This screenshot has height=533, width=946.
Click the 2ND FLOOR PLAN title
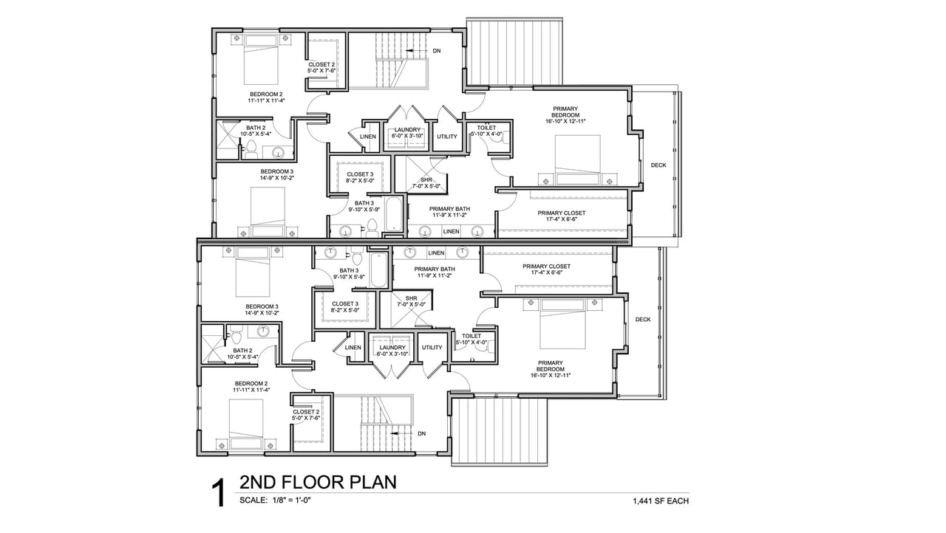pyautogui.click(x=318, y=482)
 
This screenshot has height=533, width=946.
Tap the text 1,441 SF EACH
pyautogui.click(x=661, y=501)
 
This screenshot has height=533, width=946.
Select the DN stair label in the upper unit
pyautogui.click(x=437, y=51)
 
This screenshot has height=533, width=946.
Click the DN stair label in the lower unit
pyautogui.click(x=421, y=433)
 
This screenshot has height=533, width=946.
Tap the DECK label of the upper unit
pyautogui.click(x=659, y=165)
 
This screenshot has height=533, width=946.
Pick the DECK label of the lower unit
pyautogui.click(x=643, y=320)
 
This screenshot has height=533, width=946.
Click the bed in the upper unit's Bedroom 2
pyautogui.click(x=261, y=60)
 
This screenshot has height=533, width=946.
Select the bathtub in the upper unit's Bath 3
pyautogui.click(x=394, y=214)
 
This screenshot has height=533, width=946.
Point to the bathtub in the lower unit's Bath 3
pyautogui.click(x=379, y=270)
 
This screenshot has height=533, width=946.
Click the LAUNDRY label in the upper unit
pyautogui.click(x=407, y=130)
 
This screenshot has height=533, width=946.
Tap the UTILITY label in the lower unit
pyautogui.click(x=432, y=348)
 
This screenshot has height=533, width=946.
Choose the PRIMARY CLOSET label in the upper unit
pyautogui.click(x=562, y=213)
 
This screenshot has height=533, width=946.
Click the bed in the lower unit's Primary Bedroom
pyautogui.click(x=562, y=324)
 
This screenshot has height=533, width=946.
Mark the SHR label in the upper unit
pyautogui.click(x=426, y=179)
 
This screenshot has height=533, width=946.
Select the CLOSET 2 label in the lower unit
pyautogui.click(x=306, y=412)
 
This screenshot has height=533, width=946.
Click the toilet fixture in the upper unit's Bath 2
pyautogui.click(x=252, y=150)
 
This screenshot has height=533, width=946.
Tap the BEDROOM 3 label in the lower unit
pyautogui.click(x=262, y=306)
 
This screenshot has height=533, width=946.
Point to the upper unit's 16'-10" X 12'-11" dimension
pyautogui.click(x=565, y=122)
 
